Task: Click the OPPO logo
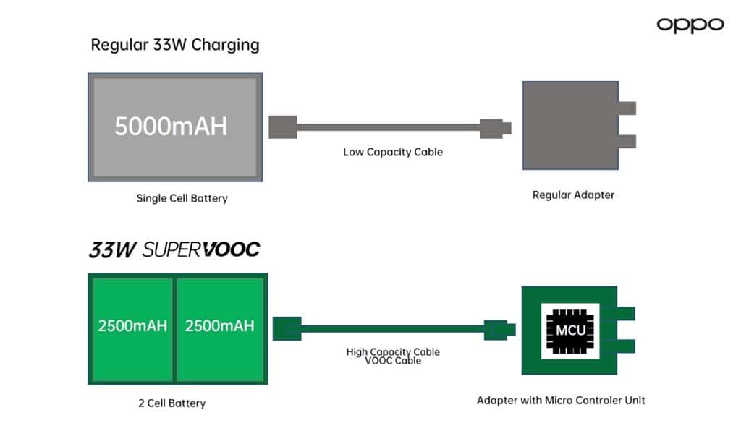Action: [x=690, y=25]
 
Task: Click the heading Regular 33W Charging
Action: [x=174, y=45]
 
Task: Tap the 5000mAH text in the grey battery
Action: [x=171, y=126]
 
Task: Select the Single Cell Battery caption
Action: [x=182, y=198]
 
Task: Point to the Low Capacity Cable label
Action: [x=392, y=153]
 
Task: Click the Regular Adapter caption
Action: [x=573, y=195]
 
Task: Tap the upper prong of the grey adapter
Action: [x=627, y=108]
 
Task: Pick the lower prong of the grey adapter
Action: [x=627, y=141]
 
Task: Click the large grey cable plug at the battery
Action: [x=282, y=127]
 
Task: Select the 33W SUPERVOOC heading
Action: [x=174, y=250]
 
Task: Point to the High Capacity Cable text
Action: [x=393, y=352]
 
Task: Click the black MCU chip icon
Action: [x=569, y=330]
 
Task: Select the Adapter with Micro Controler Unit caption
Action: [x=561, y=400]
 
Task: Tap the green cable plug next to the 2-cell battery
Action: [x=287, y=328]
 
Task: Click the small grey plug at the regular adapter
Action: [x=496, y=129]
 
